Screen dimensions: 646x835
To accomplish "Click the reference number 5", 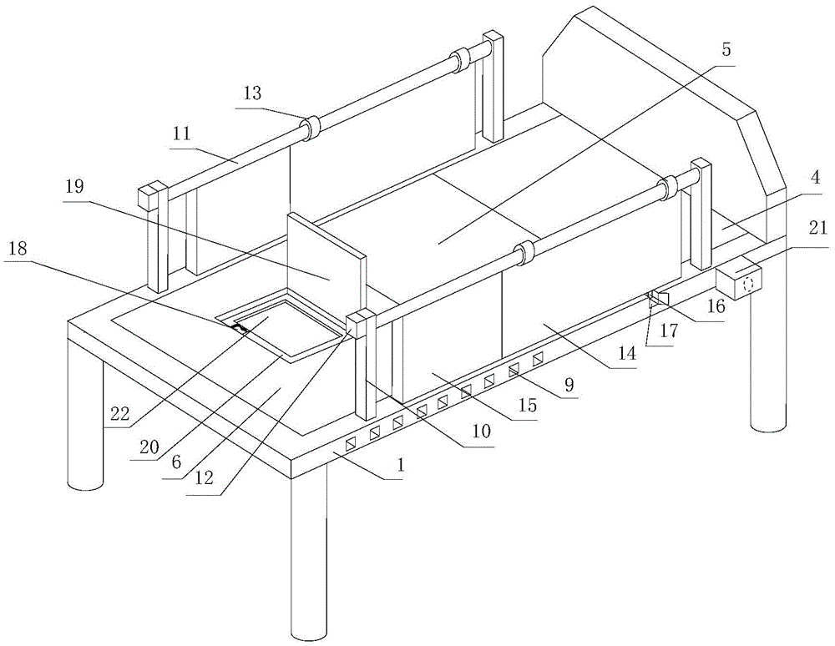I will [x=726, y=49].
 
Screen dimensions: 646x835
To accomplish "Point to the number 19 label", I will [x=75, y=186].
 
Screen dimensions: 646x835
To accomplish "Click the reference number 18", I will [x=18, y=246].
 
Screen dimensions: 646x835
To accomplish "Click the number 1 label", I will [x=400, y=466].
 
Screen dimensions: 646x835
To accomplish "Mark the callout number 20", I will [x=149, y=447].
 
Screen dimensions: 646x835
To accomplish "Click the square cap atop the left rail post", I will [x=149, y=197].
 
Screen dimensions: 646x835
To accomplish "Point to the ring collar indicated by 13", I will [x=311, y=128].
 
